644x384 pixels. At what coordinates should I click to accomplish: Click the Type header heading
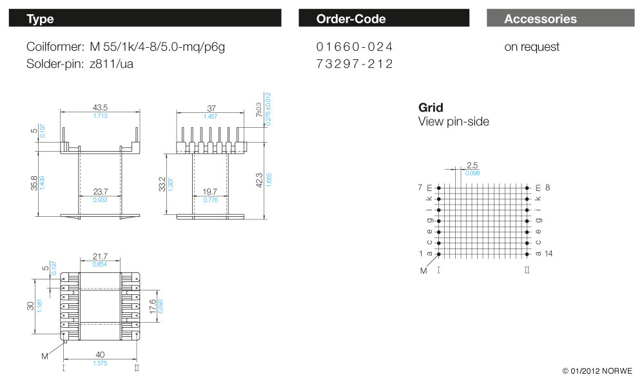40,19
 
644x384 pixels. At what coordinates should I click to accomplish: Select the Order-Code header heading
351,19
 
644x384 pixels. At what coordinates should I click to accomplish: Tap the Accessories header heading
540,19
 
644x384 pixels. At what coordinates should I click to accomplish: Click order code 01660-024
355,47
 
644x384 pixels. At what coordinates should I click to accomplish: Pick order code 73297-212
355,64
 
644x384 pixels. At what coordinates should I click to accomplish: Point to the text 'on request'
532,47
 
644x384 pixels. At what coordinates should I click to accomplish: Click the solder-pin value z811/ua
112,64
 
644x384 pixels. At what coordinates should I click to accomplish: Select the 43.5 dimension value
100,107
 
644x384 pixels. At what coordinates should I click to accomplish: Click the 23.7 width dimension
100,192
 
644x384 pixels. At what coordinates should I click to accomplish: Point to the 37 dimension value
211,107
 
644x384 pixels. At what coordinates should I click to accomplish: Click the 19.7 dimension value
211,192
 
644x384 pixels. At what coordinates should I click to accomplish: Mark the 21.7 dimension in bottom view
100,257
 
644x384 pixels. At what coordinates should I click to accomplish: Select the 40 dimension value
100,354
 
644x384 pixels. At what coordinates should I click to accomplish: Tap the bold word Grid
431,108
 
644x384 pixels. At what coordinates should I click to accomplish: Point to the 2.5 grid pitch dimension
472,165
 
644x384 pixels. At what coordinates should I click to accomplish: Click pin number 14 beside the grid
548,254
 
